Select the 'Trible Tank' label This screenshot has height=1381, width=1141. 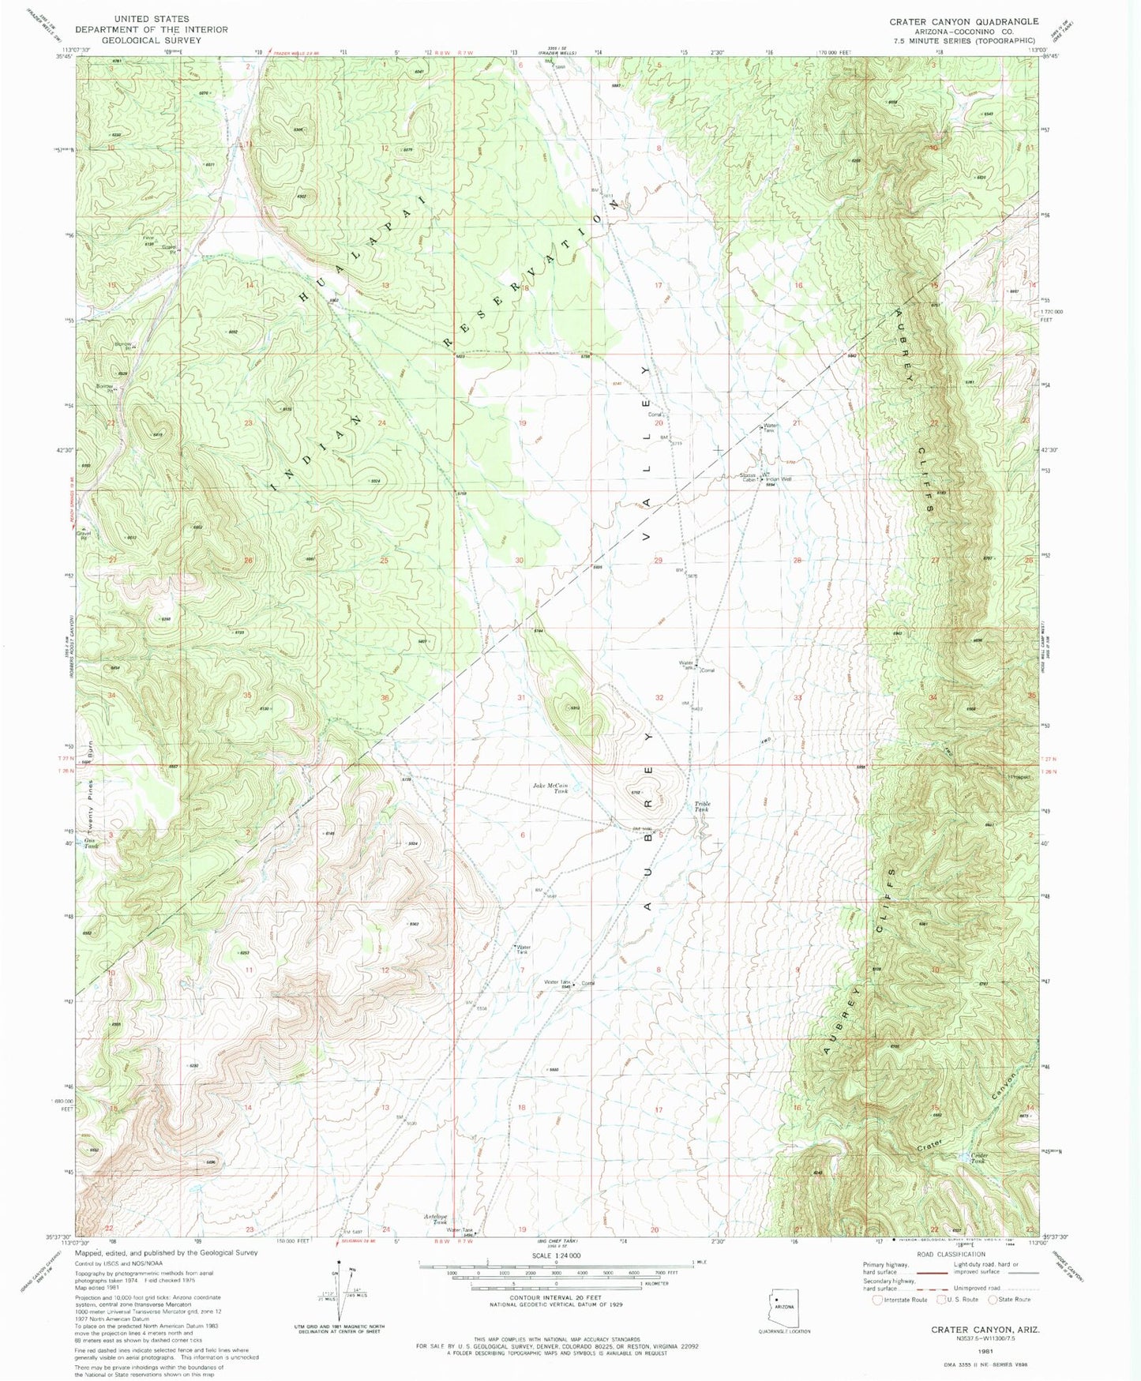(x=702, y=807)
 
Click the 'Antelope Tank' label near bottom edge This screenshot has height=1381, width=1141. (x=436, y=1218)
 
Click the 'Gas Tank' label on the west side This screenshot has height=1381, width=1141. (x=92, y=842)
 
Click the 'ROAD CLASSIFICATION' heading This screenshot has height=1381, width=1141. (x=951, y=1254)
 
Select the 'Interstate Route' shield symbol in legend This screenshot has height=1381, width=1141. (x=879, y=1299)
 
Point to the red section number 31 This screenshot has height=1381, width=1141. (x=521, y=697)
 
